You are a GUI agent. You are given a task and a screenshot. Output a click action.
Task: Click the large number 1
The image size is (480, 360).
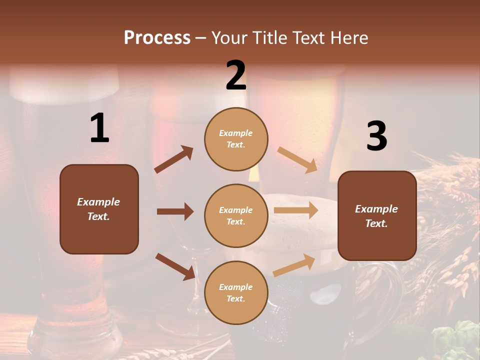pyautogui.click(x=99, y=128)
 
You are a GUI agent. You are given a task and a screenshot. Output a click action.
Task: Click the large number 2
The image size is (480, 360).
pyautogui.click(x=236, y=75)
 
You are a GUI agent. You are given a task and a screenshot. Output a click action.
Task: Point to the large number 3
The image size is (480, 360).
pyautogui.click(x=376, y=136)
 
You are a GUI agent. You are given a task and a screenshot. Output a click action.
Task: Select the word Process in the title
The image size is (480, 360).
pyautogui.click(x=157, y=38)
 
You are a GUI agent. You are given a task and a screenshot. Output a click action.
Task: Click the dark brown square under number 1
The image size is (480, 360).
pyautogui.click(x=99, y=209)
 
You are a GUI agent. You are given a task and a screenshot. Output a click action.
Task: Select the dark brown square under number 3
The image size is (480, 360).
pyautogui.click(x=377, y=215)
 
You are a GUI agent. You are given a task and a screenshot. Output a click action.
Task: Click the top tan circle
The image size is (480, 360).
pyautogui.click(x=236, y=139)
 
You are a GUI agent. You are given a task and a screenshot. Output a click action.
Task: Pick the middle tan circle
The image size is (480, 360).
pyautogui.click(x=236, y=215)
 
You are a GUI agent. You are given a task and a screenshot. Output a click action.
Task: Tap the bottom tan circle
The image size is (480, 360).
pyautogui.click(x=236, y=292)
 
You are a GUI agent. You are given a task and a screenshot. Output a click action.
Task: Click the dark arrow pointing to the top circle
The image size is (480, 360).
pyautogui.click(x=174, y=159)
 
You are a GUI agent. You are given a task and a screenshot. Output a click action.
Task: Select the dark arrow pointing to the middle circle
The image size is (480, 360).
pyautogui.click(x=175, y=211)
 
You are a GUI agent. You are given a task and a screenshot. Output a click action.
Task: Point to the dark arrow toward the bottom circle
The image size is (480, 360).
pyautogui.click(x=175, y=266)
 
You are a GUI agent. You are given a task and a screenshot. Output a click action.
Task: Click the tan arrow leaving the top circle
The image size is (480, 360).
pyautogui.click(x=297, y=160)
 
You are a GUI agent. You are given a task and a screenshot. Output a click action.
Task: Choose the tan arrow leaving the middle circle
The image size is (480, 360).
pyautogui.click(x=296, y=210)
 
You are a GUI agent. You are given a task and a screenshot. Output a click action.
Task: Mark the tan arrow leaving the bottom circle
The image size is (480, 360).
pyautogui.click(x=294, y=265)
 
